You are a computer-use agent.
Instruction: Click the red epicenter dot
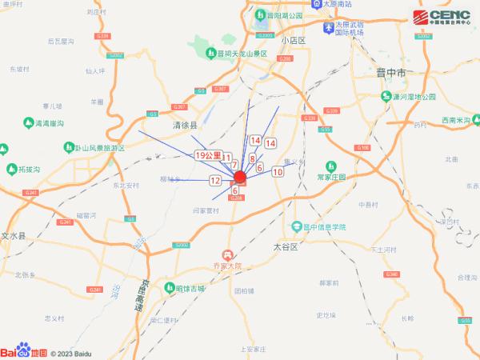pos(238,177)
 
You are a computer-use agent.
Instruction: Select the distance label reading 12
pos(215,181)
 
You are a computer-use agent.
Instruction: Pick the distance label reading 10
pos(278,171)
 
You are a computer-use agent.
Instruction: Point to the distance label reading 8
pos(253,159)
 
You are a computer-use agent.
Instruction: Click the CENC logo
pos(442,17)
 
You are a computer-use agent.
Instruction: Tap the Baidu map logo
pos(24,351)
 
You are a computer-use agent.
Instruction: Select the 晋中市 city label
pos(392,73)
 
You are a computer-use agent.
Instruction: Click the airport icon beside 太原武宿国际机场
pos(327,29)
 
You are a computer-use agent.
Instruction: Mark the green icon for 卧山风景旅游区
pos(68,148)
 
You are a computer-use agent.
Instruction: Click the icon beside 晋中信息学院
pos(296,226)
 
